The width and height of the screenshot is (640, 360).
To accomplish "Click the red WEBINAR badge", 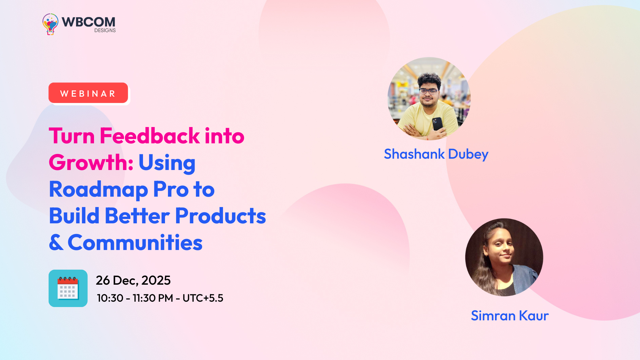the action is click(88, 93).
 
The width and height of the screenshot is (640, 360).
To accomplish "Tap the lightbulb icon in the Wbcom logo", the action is click(50, 24).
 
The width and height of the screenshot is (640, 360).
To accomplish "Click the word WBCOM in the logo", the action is click(88, 22).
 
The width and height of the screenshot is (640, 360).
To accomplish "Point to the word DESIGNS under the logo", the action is click(105, 30).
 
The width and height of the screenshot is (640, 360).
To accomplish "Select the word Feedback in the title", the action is click(150, 136).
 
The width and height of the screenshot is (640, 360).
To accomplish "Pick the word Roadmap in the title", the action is click(98, 190).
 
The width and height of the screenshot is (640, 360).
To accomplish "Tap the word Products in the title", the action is click(220, 216).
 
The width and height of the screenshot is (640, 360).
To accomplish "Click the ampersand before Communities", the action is click(56, 242).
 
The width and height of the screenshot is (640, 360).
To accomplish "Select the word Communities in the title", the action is click(135, 242).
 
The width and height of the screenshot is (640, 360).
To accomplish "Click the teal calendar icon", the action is click(68, 288).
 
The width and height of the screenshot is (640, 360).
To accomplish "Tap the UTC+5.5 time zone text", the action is click(203, 298).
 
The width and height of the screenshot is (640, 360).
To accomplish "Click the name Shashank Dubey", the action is click(436, 154).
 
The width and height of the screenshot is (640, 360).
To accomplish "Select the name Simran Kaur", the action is click(510, 316).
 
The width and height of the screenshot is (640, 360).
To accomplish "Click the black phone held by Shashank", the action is click(437, 124).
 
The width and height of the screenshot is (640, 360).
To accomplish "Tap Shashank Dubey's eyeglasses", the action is click(429, 91).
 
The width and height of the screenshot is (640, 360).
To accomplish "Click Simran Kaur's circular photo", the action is click(504, 257).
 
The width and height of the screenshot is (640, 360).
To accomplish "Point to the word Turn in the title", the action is click(72, 136).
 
